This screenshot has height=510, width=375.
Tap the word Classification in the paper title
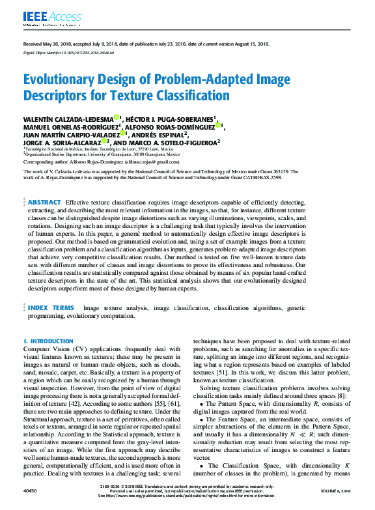pos(189,96)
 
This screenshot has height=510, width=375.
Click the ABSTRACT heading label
pos(45,202)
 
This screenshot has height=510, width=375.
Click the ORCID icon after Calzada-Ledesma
pos(116,118)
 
